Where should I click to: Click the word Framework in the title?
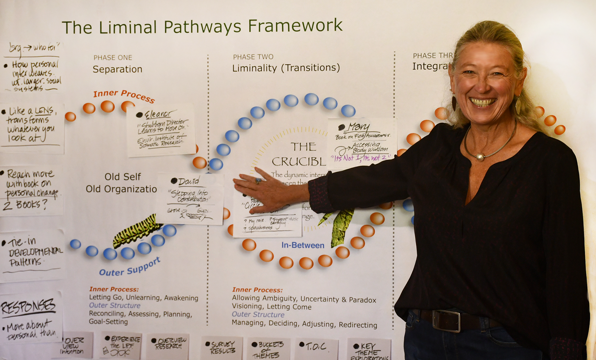(295, 26)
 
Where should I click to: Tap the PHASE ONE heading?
(113, 58)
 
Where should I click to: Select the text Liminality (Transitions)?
(286, 68)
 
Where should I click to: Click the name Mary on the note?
(358, 127)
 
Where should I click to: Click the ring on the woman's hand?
(258, 181)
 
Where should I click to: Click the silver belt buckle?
(446, 320)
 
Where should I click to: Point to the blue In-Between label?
(303, 245)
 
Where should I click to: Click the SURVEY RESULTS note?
(223, 347)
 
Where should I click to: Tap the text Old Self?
(123, 177)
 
